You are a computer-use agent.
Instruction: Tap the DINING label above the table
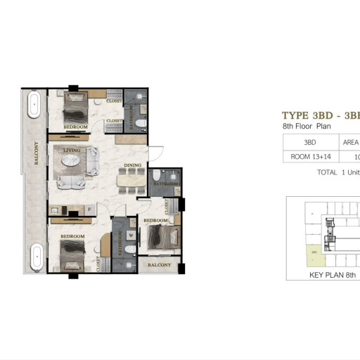(133, 166)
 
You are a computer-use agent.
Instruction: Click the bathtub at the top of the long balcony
(34, 106)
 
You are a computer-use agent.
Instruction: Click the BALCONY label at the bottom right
(160, 265)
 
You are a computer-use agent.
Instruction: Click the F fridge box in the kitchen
(89, 209)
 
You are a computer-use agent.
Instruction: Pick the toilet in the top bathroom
(140, 124)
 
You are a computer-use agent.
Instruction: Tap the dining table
(132, 181)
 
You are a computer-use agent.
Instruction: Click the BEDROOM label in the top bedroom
(75, 127)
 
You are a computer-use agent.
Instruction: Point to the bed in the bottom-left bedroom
(73, 253)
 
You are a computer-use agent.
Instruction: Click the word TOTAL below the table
(327, 172)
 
